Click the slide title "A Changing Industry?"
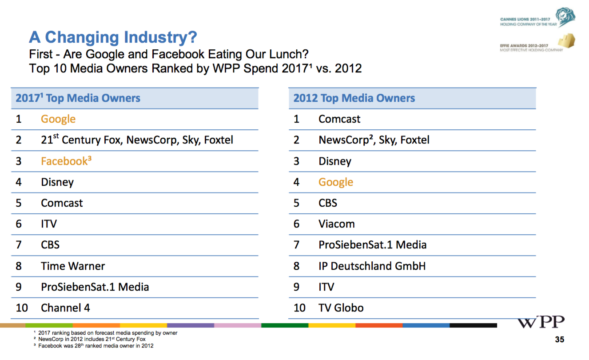point(113,37)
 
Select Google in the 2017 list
point(58,119)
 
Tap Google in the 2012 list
point(336,182)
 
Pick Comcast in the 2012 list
point(339,119)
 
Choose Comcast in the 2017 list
point(62,203)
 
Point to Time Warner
point(73,266)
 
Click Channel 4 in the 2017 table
point(65,308)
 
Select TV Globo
point(341,308)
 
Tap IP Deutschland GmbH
point(372,266)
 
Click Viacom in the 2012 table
point(336,224)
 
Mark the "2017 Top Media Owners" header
point(78,98)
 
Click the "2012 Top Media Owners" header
point(354,98)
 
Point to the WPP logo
point(541,322)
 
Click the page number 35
point(560,340)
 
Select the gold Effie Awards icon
point(560,41)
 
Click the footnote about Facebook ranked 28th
point(96,346)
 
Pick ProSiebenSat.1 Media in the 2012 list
point(372,245)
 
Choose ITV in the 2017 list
point(49,224)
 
